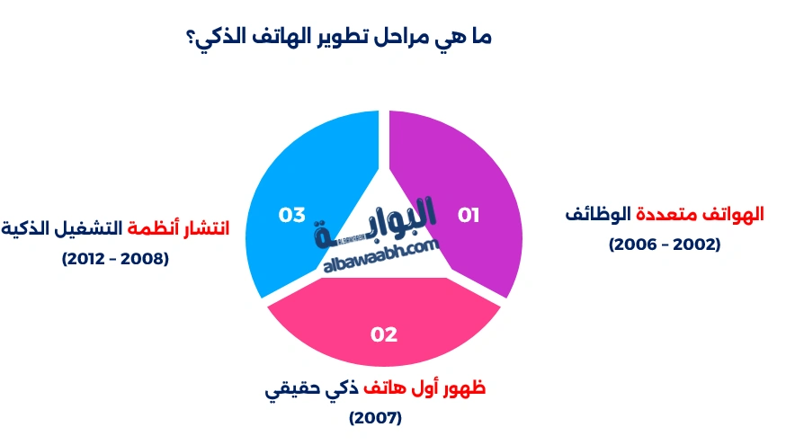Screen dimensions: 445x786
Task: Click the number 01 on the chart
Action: [x=469, y=215]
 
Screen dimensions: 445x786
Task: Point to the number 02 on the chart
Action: [x=384, y=334]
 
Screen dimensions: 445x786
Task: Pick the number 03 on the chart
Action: [x=293, y=215]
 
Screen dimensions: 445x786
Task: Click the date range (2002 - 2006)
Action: [x=665, y=244]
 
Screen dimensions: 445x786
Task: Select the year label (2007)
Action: [x=375, y=417]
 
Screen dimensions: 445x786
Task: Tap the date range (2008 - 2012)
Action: [x=115, y=258]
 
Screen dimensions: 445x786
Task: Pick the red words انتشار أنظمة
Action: [x=177, y=228]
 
